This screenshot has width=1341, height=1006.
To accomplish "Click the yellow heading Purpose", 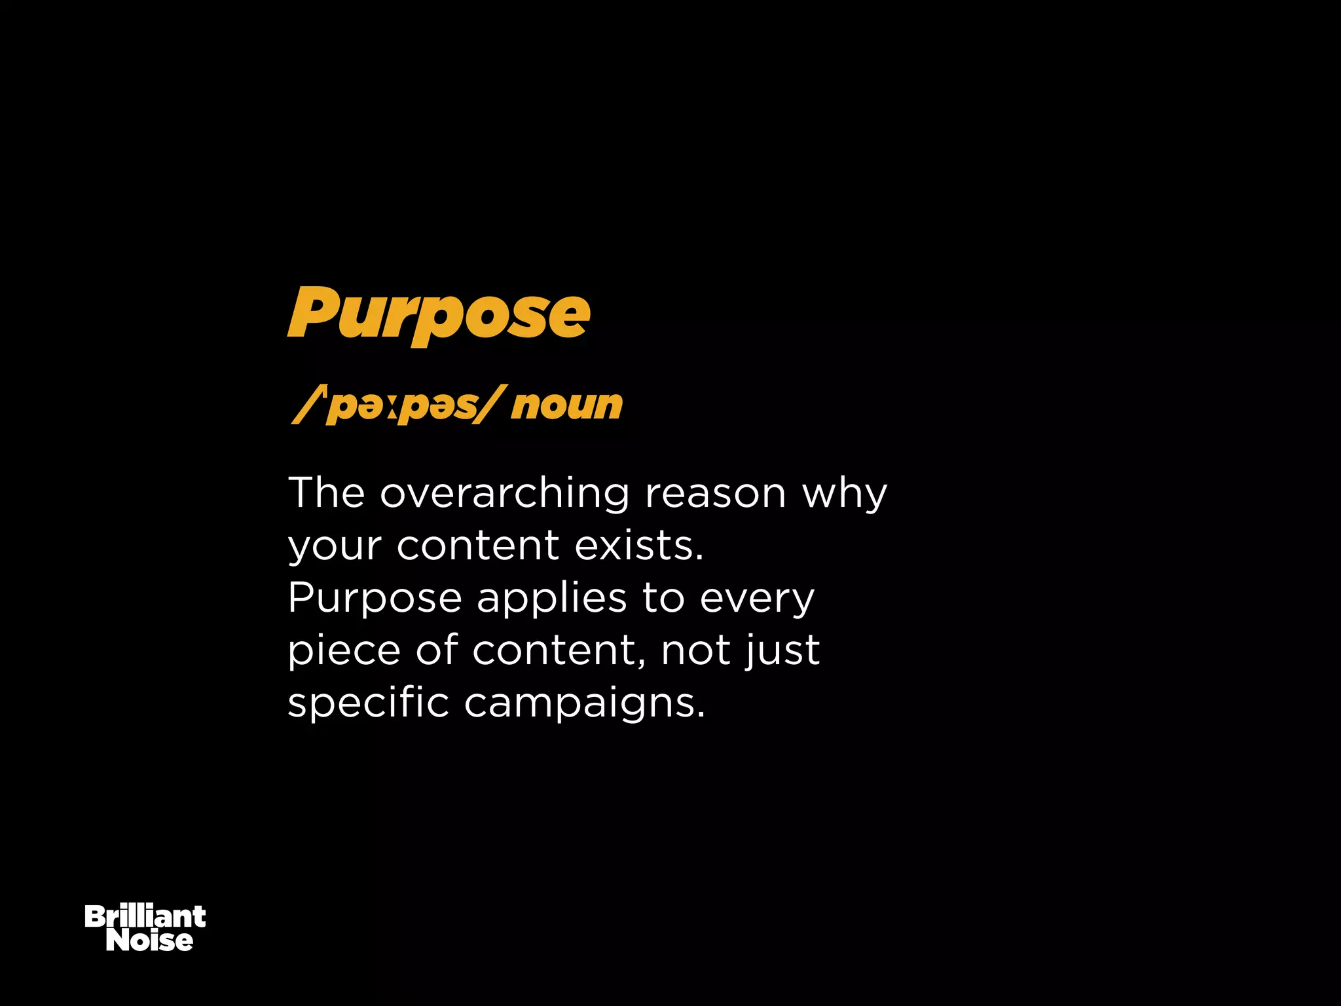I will pos(439,314).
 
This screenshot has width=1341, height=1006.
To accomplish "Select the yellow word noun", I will pos(566,405).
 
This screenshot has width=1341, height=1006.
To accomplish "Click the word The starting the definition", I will pos(326,493).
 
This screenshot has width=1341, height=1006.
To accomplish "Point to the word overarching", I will pos(504,494).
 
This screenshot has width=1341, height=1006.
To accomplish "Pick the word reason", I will pos(715,493).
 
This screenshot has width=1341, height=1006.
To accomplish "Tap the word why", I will pos(845,494).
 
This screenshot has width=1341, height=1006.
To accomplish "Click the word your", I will pos(334,546).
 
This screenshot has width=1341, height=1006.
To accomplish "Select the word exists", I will pos(638,545).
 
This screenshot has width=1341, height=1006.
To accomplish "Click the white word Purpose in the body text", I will pos(375,599).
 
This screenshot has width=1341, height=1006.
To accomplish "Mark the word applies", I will pos(551,599).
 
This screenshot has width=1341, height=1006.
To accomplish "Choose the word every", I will pos(757,599).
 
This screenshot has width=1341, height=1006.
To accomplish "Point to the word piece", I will pos(344,651).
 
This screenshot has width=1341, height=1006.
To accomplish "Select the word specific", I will pos(368,703).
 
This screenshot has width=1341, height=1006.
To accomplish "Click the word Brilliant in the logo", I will pos(145,917).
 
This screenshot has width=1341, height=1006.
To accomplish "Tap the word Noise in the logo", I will pos(149,941).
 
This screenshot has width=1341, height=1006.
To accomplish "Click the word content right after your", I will pos(478,545).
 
